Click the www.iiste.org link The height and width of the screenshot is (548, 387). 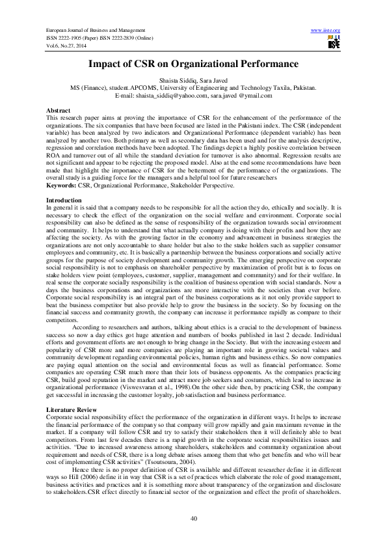point(327,31)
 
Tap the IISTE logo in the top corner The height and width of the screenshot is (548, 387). point(334,43)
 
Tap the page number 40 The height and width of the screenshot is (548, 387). point(193,517)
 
